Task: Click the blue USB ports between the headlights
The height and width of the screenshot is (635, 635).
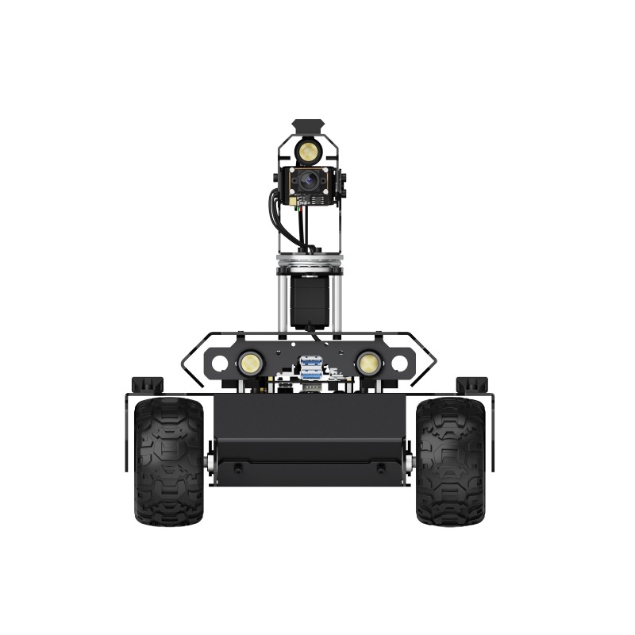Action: (x=310, y=367)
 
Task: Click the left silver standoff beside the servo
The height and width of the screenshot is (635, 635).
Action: (x=282, y=302)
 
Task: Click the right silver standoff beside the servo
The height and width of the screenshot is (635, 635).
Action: (x=337, y=302)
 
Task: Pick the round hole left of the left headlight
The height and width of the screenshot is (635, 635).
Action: (x=220, y=364)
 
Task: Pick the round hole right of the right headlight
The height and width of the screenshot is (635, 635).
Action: (x=399, y=364)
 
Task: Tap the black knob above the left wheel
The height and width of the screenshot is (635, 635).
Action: (x=147, y=385)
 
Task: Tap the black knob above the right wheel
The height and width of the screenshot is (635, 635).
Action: (x=471, y=385)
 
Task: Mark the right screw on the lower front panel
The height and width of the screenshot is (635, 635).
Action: (x=381, y=469)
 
